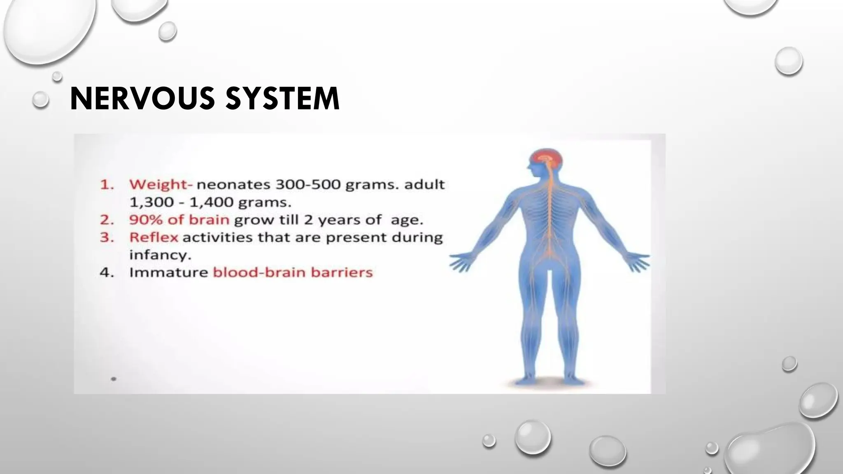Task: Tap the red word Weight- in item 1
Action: pyautogui.click(x=161, y=184)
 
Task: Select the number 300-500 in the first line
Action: pyautogui.click(x=308, y=184)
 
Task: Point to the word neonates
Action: pyautogui.click(x=234, y=184)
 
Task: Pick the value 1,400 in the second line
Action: pyautogui.click(x=210, y=202)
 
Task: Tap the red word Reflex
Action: pyautogui.click(x=154, y=237)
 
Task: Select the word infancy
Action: pyautogui.click(x=160, y=255)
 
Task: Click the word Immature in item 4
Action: pyautogui.click(x=169, y=272)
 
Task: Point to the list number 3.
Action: pyautogui.click(x=107, y=237)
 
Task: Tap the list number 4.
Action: pyautogui.click(x=107, y=272)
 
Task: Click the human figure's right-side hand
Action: pyautogui.click(x=638, y=262)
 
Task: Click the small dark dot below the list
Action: pyautogui.click(x=114, y=379)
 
